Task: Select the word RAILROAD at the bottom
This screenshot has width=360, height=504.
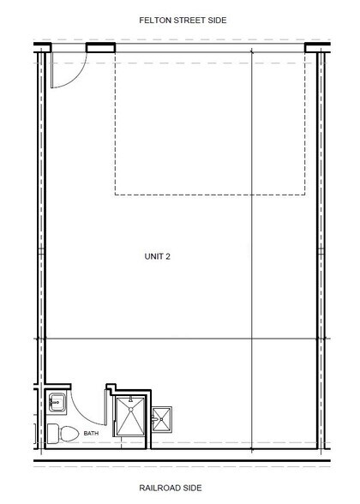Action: (159, 488)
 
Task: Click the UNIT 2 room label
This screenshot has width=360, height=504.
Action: (158, 256)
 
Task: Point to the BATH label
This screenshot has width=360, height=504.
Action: (91, 434)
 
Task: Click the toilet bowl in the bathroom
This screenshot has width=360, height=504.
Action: (69, 434)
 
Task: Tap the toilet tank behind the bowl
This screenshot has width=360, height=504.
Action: (53, 434)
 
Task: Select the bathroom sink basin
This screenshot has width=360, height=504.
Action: (57, 402)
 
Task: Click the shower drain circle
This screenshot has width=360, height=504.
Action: (130, 410)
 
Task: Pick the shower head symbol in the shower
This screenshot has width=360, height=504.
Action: (130, 399)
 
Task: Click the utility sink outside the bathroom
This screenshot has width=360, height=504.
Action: (162, 419)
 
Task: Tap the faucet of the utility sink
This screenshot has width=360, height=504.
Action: (154, 419)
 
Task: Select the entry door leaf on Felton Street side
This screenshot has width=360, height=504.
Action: (51, 69)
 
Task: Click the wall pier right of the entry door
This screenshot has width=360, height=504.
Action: (100, 48)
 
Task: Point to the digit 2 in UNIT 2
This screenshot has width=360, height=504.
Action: (168, 256)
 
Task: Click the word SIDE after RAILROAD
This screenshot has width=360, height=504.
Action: (192, 488)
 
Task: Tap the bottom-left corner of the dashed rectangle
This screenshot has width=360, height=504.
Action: (115, 195)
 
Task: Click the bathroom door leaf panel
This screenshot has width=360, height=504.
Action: (105, 407)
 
